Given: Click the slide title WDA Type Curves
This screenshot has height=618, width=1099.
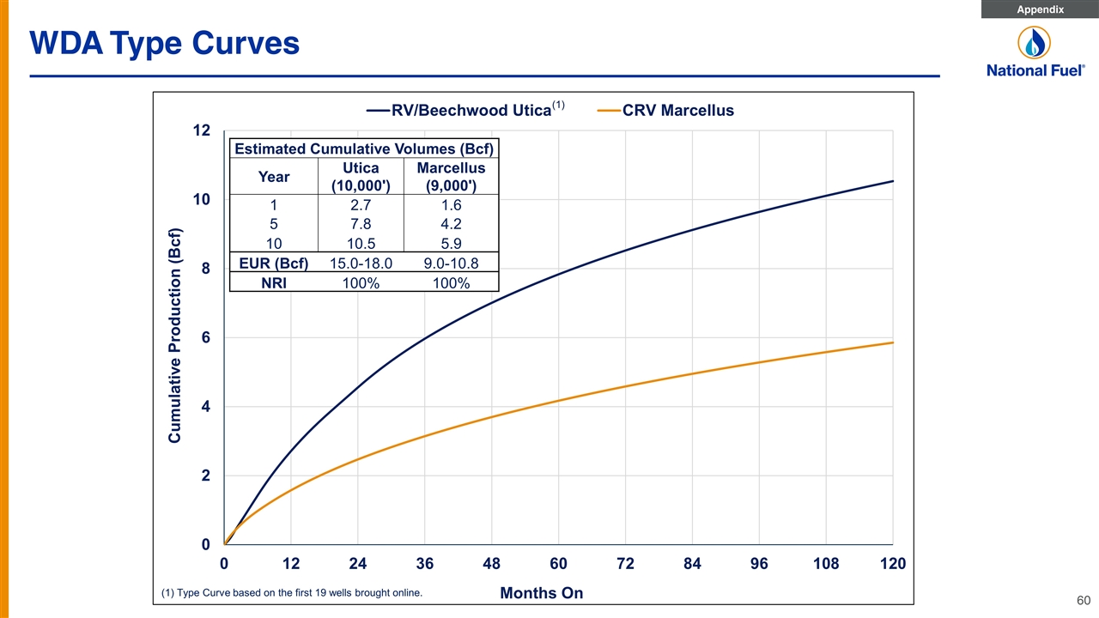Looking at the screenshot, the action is pyautogui.click(x=164, y=43).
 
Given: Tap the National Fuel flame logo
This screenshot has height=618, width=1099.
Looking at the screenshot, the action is pyautogui.click(x=1034, y=43).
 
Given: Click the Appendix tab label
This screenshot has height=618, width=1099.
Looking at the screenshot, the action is pyautogui.click(x=1040, y=9).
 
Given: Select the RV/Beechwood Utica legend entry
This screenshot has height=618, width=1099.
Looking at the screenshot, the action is pyautogui.click(x=465, y=110).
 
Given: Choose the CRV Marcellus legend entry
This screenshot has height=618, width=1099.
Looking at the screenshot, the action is pyautogui.click(x=665, y=111).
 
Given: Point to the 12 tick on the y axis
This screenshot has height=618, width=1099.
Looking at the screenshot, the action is pyautogui.click(x=201, y=130).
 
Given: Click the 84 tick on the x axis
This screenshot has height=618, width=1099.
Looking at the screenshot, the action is pyautogui.click(x=692, y=564).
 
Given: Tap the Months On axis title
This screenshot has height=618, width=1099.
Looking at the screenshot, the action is pyautogui.click(x=542, y=593).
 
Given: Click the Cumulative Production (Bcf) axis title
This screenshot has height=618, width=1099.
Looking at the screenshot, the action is pyautogui.click(x=174, y=336).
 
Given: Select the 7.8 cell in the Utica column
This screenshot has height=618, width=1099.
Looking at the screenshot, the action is pyautogui.click(x=361, y=224).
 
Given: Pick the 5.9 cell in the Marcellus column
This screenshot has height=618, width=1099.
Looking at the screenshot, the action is pyautogui.click(x=451, y=244).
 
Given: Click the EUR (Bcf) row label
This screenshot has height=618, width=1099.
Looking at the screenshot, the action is pyautogui.click(x=274, y=264).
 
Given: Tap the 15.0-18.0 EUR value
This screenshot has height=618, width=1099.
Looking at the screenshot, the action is pyautogui.click(x=361, y=264).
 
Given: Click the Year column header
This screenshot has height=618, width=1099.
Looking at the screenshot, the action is pyautogui.click(x=274, y=177).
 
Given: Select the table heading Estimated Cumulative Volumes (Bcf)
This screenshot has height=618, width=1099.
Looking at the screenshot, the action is pyautogui.click(x=364, y=148).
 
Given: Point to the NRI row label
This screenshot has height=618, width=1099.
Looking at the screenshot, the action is pyautogui.click(x=274, y=283).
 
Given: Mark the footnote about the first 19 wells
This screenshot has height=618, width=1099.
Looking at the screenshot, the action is pyautogui.click(x=292, y=592).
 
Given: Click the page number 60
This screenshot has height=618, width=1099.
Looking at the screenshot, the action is pyautogui.click(x=1084, y=600).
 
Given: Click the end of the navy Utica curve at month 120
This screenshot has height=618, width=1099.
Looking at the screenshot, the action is pyautogui.click(x=893, y=181).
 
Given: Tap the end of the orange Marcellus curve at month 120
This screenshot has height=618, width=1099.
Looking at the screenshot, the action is pyautogui.click(x=893, y=342).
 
